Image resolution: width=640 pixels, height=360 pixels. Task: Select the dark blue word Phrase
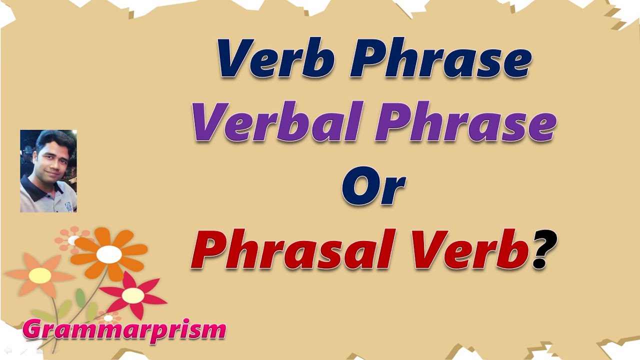click(x=440, y=58)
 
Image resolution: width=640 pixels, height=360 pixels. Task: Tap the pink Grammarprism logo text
click(x=124, y=330)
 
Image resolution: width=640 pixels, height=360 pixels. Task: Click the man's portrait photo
click(x=48, y=171)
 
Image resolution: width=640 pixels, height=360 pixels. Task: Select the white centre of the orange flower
click(x=109, y=254)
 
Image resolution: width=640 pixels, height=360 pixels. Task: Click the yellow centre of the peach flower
click(x=40, y=275)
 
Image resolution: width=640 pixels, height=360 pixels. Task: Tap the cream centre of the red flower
click(x=133, y=295)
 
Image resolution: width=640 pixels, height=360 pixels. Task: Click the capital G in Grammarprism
click(x=33, y=330)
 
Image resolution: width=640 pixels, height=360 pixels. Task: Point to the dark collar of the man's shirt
click(x=35, y=187)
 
